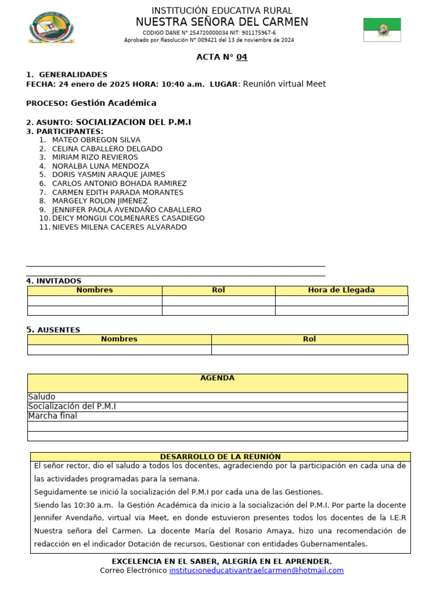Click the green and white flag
tap(382, 29)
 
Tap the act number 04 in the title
tap(242, 57)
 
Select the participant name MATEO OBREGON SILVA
tap(96, 140)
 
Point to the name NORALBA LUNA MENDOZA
tap(101, 166)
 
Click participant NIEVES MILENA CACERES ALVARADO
tap(119, 227)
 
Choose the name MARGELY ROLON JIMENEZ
tap(100, 201)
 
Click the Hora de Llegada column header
tap(341, 290)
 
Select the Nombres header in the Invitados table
tap(95, 290)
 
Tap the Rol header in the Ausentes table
tap(309, 339)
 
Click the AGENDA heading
tap(217, 378)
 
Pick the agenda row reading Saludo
tap(42, 397)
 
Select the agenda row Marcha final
tap(53, 416)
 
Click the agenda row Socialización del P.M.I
tap(72, 406)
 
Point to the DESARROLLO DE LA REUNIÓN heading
tap(220, 457)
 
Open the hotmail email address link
tap(256, 571)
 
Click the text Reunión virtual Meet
tap(284, 84)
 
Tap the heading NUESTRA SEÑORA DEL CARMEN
tap(221, 22)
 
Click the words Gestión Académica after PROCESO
tap(113, 103)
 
